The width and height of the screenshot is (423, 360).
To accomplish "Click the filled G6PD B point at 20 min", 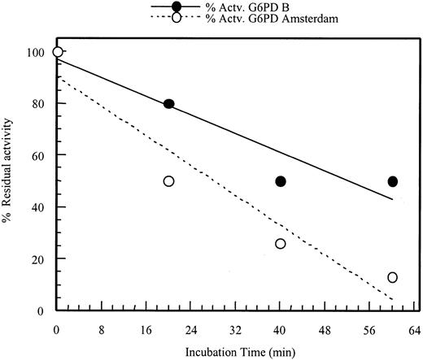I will pyautogui.click(x=168, y=104).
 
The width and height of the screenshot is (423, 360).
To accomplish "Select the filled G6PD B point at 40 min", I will pyautogui.click(x=281, y=181).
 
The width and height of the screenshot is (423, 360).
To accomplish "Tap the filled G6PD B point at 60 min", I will pyautogui.click(x=393, y=181).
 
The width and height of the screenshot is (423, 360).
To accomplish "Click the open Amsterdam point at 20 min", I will pyautogui.click(x=168, y=181).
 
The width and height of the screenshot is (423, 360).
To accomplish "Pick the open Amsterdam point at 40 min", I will pyautogui.click(x=281, y=244).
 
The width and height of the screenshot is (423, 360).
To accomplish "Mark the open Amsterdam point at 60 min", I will pyautogui.click(x=393, y=278).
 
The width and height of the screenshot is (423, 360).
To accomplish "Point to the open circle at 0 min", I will pyautogui.click(x=57, y=52).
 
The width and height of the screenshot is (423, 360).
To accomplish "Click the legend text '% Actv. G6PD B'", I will pyautogui.click(x=229, y=7).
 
